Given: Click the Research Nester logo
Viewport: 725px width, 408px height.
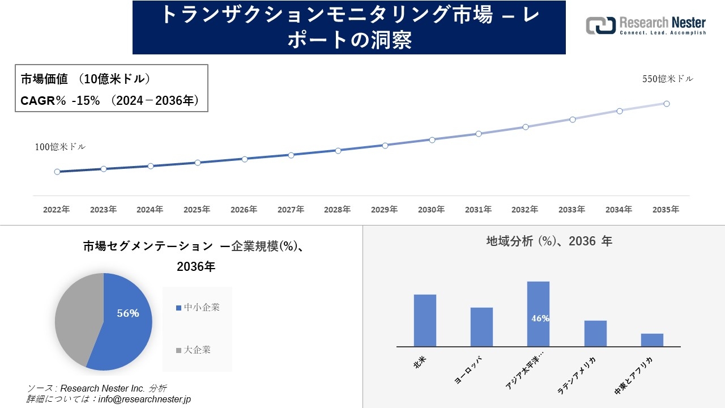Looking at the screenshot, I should pos(646,26).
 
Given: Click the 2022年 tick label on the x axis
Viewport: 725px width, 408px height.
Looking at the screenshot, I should pos(57,210).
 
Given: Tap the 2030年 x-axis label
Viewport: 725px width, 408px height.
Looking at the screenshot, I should pos(431,210).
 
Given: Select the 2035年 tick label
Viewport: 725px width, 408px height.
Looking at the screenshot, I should pos(666,210).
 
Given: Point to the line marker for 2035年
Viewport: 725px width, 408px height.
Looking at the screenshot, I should pos(667,104).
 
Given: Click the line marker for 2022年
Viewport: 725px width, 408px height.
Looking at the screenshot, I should pos(57,172).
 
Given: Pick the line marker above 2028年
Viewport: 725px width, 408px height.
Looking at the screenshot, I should pos(338,151).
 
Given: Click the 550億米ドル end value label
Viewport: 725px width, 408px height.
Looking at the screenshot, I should pos(667,79).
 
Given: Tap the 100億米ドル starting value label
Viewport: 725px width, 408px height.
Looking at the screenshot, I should pos(61,147).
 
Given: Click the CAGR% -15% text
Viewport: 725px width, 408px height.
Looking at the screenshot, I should pos(61,101).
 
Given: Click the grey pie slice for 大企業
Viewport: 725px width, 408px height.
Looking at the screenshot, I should pos(74,317).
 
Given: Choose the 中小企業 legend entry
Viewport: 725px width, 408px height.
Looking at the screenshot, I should pos(198,308).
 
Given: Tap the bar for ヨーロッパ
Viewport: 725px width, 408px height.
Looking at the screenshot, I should pos(481,327).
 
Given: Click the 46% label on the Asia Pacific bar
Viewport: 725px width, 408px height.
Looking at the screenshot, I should pos(540,318).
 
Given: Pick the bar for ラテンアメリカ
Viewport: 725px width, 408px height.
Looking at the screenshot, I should pos(595,334).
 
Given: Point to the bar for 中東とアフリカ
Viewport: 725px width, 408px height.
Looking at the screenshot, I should pos(652,340).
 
